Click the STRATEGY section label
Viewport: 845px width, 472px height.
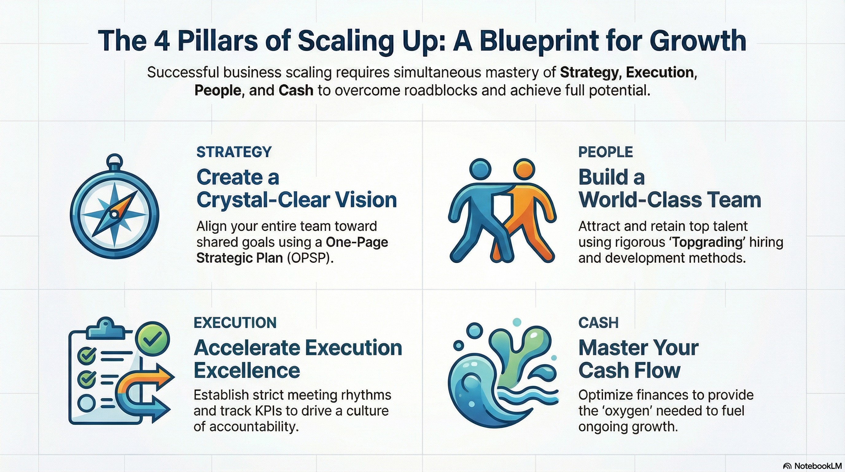tap(234, 152)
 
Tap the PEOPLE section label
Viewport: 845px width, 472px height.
tap(605, 152)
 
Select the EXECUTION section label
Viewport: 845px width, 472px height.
tap(235, 323)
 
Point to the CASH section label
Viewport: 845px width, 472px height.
tap(598, 323)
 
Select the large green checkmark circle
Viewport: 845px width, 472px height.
tap(153, 339)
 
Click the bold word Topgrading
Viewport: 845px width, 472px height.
tap(707, 242)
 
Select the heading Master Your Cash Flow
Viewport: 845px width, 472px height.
tap(638, 359)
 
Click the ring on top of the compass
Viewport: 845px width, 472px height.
tap(115, 160)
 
